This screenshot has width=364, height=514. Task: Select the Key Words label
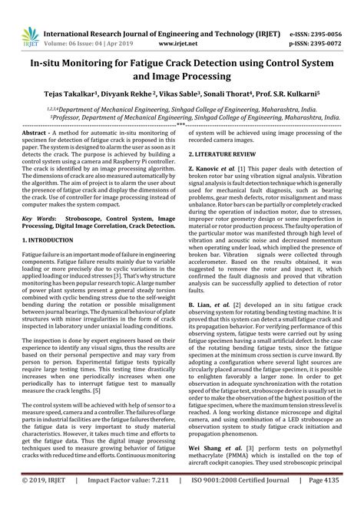point(39,219)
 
